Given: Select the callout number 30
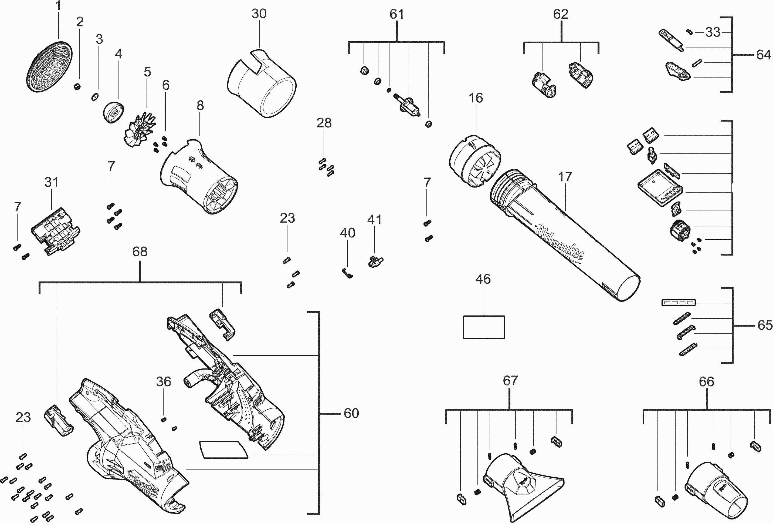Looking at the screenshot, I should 259,14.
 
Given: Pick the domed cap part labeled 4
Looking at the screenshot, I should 113,112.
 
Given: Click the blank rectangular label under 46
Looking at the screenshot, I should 484,327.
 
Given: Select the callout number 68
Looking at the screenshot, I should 140,252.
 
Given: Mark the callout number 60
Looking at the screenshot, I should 351,414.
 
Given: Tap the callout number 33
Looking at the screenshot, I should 713,32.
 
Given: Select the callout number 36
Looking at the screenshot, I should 163,381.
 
